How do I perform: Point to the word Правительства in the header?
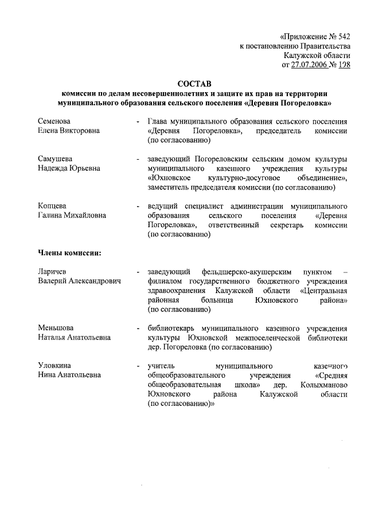[x=324, y=46]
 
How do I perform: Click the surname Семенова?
[x=54, y=121]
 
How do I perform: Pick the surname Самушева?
[x=55, y=159]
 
